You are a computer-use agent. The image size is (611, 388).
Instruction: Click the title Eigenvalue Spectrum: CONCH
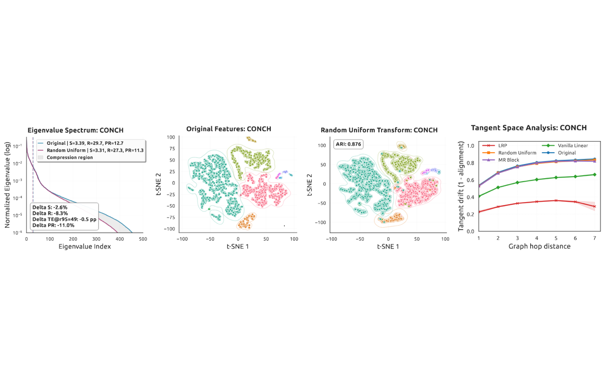76,130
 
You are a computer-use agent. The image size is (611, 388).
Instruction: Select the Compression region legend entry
70,157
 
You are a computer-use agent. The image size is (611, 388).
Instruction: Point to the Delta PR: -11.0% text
53,225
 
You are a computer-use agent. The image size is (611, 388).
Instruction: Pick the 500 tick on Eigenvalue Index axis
143,239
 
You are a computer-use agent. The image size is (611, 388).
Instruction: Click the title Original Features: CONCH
229,129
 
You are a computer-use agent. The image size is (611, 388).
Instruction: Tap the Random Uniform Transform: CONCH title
379,130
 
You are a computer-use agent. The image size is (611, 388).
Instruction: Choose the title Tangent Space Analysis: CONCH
529,128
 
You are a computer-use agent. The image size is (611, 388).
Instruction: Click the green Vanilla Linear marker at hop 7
595,174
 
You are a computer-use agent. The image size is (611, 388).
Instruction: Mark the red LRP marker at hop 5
556,200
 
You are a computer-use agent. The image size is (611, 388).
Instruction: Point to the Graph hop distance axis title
536,246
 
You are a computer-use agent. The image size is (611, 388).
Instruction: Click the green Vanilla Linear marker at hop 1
479,196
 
